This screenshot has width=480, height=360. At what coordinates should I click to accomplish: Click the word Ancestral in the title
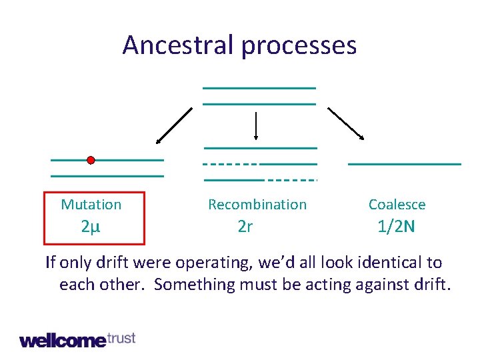pyautogui.click(x=178, y=45)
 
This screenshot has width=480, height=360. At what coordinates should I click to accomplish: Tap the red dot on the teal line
pyautogui.click(x=91, y=160)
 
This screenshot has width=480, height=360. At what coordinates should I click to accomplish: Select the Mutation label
pyautogui.click(x=91, y=205)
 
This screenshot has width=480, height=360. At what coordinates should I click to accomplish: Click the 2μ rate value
pyautogui.click(x=91, y=227)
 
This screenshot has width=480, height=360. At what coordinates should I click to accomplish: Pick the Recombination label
pyautogui.click(x=257, y=205)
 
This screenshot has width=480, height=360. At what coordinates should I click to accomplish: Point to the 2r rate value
pyautogui.click(x=245, y=227)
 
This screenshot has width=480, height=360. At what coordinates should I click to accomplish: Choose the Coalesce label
pyautogui.click(x=397, y=205)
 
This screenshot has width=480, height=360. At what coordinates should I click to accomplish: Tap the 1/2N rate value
pyautogui.click(x=396, y=227)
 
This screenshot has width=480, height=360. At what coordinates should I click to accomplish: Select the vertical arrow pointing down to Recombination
pyautogui.click(x=257, y=126)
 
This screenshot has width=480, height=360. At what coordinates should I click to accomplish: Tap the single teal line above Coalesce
pyautogui.click(x=405, y=163)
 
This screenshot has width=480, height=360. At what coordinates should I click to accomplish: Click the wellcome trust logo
pyautogui.click(x=77, y=339)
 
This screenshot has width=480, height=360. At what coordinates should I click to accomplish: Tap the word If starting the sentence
pyautogui.click(x=51, y=263)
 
